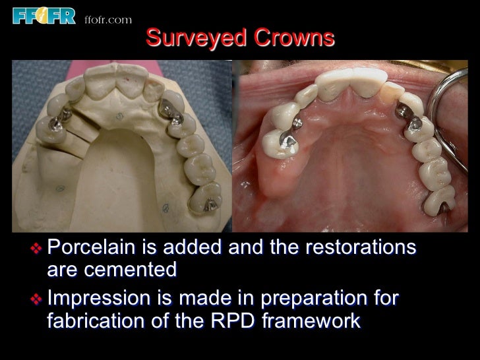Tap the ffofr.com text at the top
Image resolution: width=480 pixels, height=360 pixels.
coord(108,19)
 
